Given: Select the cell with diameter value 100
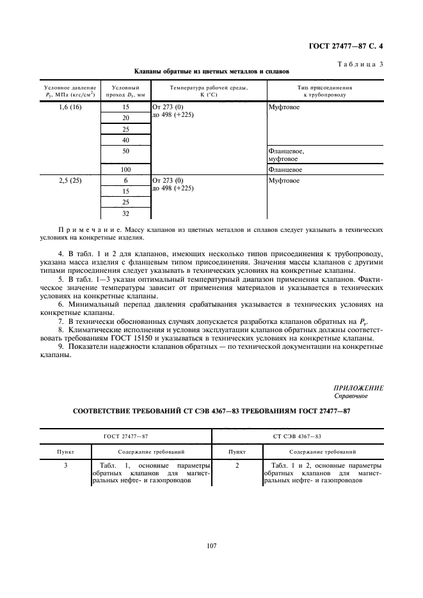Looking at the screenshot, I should click(125, 170).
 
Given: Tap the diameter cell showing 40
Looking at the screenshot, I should click(125, 140).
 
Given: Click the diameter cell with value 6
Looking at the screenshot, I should click(125, 181).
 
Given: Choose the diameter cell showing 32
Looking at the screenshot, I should click(125, 213).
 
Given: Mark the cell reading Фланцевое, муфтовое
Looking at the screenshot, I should click(286, 155).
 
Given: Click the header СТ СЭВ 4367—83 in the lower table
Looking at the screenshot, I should click(297, 436).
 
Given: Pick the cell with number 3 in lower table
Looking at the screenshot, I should click(66, 466).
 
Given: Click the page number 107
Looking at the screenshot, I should click(212, 545).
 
